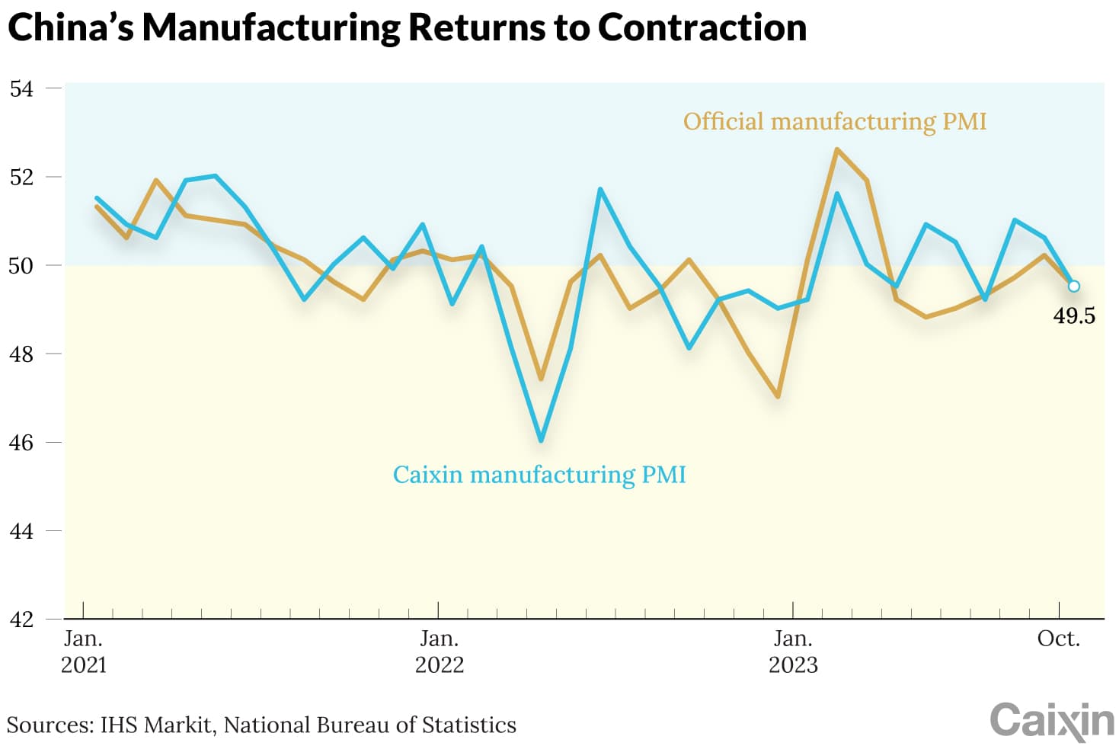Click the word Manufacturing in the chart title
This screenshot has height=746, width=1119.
pos(270,27)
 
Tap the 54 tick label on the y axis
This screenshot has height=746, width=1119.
pos(21,88)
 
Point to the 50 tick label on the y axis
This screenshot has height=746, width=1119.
pos(21,265)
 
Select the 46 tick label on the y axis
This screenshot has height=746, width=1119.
pos(21,442)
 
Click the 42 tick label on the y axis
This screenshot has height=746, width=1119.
pos(21,619)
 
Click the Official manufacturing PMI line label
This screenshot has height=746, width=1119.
pos(834,121)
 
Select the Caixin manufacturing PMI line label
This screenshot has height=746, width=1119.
pos(539,474)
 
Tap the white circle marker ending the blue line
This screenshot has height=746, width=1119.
pos(1073,286)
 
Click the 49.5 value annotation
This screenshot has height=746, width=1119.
pos(1073,315)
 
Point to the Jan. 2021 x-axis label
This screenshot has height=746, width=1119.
pos(83,652)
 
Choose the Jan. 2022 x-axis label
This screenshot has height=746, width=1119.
pos(439,652)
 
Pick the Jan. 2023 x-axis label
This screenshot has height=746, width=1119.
pos(793,652)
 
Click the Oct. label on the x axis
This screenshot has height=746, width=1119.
pos(1058,639)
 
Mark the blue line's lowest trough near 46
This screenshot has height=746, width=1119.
pos(541,440)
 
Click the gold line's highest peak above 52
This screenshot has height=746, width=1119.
pos(836,150)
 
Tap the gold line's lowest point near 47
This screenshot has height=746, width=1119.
pos(778,396)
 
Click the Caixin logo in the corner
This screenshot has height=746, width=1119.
pos(1051,720)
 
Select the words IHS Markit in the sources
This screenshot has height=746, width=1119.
pos(155,725)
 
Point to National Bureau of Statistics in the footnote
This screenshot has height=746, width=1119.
pos(369,725)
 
